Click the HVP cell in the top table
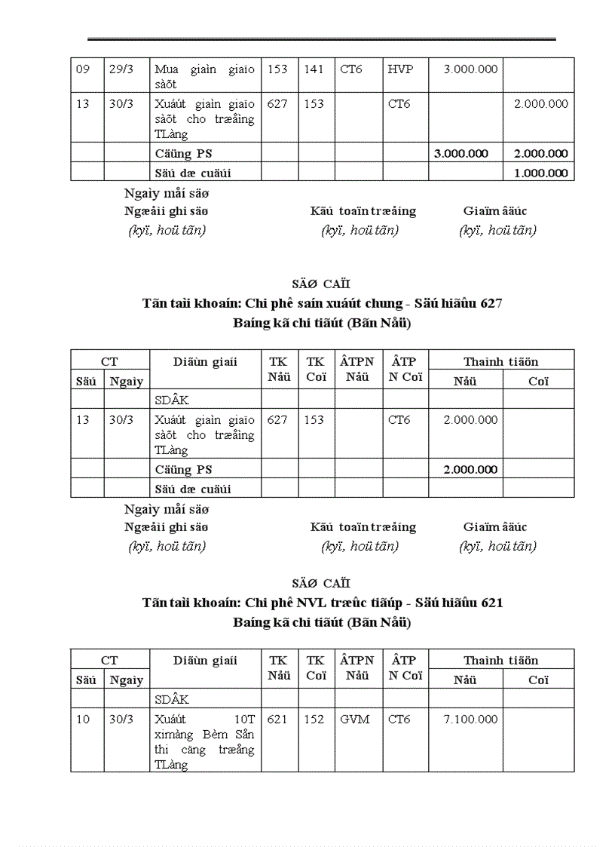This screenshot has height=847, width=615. [x=400, y=69]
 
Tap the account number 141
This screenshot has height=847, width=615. [x=314, y=69]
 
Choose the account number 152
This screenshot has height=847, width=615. [x=314, y=720]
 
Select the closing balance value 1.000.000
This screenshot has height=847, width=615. [x=540, y=173]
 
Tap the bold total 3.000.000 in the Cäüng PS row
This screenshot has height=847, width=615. [x=461, y=154]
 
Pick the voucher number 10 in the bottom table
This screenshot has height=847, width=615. [x=83, y=720]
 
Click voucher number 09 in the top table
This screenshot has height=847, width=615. [x=83, y=69]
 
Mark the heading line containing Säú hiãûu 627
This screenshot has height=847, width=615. [x=322, y=304]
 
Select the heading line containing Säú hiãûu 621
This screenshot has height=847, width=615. [x=322, y=603]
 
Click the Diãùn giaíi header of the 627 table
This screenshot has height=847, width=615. [x=205, y=362]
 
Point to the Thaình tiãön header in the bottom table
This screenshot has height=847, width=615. [x=500, y=661]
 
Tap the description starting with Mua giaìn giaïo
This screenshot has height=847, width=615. [x=204, y=77]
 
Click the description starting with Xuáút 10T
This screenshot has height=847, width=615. [x=204, y=741]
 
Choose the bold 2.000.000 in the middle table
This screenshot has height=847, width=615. [x=470, y=470]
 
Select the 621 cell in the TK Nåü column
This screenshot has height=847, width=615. [x=277, y=720]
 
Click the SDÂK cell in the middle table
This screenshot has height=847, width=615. [x=172, y=400]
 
